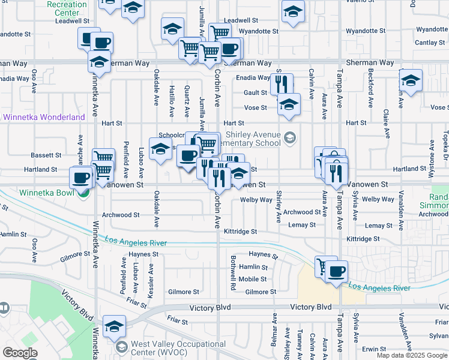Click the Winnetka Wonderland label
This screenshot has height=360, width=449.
(x=44, y=118)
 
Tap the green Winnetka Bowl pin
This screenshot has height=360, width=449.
(x=84, y=193)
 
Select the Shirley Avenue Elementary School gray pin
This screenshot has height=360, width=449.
(x=290, y=139)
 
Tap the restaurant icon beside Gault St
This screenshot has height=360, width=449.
(x=282, y=83)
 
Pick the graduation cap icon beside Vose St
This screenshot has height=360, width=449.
(x=289, y=104)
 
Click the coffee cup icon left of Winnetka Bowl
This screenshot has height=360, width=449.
(x=81, y=177)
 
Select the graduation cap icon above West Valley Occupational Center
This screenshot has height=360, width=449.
(x=113, y=326)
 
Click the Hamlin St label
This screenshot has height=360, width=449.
(x=252, y=266)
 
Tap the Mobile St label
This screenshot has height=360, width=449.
(x=252, y=279)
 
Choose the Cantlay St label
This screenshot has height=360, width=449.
(x=430, y=43)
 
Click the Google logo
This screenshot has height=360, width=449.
(x=20, y=353)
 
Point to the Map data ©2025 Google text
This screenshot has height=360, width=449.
(x=412, y=355)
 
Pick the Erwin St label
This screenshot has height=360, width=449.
(x=374, y=349)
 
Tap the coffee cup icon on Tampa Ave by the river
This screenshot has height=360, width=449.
(x=337, y=271)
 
